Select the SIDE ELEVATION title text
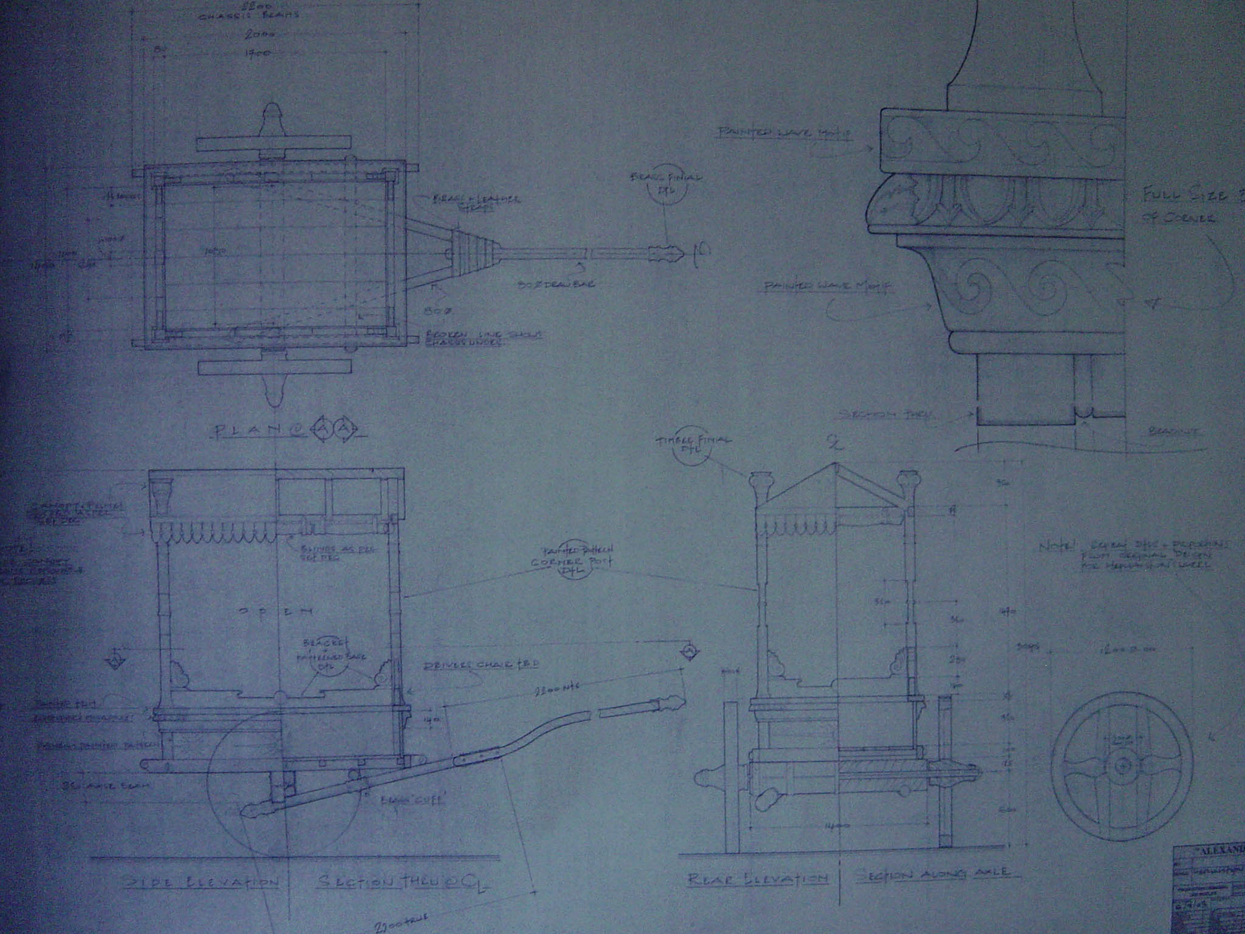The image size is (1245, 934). tap(201, 882)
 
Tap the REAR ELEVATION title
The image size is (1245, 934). tap(757, 879)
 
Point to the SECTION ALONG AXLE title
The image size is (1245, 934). tap(934, 874)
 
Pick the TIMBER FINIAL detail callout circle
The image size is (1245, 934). tap(693, 446)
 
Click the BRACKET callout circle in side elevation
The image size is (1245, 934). tap(329, 655)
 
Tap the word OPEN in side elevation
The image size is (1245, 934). tap(276, 612)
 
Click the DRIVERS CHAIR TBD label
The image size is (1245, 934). tap(481, 665)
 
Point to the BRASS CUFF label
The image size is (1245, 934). tap(413, 800)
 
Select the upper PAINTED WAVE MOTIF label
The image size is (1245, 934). tap(783, 133)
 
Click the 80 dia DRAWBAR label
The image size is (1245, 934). tap(556, 284)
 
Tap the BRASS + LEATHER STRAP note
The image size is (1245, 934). tap(477, 202)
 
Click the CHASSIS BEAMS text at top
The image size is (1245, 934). tap(248, 16)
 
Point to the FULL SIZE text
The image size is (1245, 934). tap(1185, 195)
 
